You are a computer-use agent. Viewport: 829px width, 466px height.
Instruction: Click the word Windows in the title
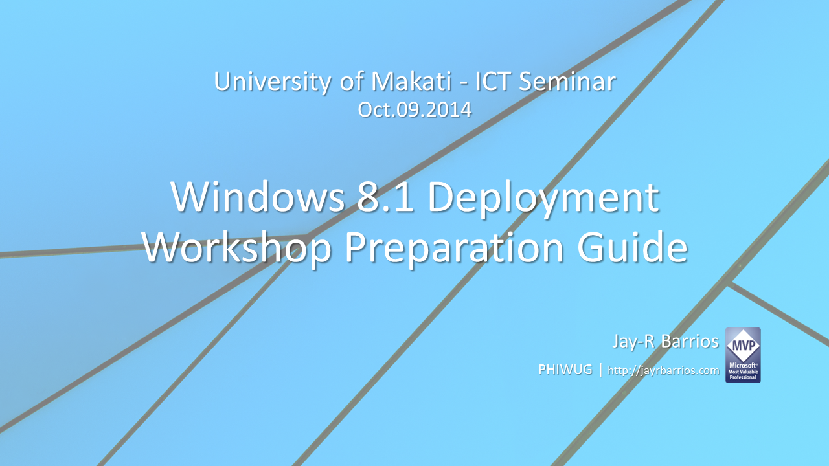(x=257, y=197)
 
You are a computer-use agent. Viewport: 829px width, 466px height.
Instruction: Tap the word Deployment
(x=543, y=198)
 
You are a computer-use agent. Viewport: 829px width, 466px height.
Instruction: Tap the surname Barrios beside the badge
(x=690, y=341)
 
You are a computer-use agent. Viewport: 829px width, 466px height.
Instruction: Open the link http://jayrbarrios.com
(x=663, y=370)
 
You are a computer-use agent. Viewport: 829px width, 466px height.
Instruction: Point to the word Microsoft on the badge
(x=742, y=365)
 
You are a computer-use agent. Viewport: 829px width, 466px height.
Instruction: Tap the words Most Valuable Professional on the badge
(x=743, y=375)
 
